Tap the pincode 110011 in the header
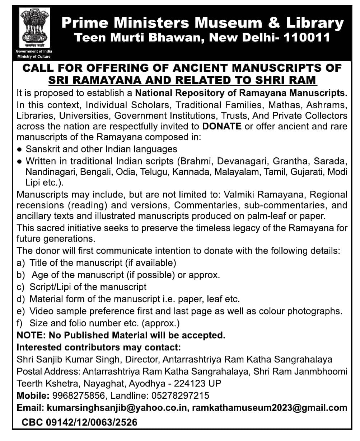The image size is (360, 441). pos(307,37)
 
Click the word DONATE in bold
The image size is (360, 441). pos(221,126)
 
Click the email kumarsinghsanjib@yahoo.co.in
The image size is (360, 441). pos(116,408)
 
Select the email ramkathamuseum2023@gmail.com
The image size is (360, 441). pos(270,408)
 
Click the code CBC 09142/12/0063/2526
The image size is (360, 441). pos(80,422)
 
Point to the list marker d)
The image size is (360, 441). pos(21,299)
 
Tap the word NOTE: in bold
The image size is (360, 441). pos(31,336)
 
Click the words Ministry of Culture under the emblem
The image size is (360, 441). pos(34,56)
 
